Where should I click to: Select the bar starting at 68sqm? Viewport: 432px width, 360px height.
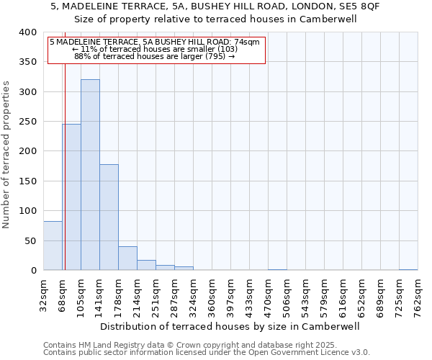pos(71,197)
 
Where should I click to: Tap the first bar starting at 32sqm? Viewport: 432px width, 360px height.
pos(53,246)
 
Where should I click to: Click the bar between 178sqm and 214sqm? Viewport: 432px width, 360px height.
pos(127,258)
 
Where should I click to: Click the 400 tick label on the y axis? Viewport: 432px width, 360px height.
pos(27,32)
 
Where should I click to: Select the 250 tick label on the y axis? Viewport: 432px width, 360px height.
pos(27,122)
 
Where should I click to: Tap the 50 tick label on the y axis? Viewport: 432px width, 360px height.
pos(30,240)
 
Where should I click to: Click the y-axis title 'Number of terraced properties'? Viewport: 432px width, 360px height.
pos(6,155)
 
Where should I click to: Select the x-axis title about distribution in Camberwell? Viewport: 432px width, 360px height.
pos(230,326)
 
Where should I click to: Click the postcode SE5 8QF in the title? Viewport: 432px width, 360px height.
pos(359,6)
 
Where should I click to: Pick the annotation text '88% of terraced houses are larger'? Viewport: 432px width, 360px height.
pos(155,56)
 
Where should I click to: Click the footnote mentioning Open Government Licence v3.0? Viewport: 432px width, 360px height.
pos(207,353)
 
